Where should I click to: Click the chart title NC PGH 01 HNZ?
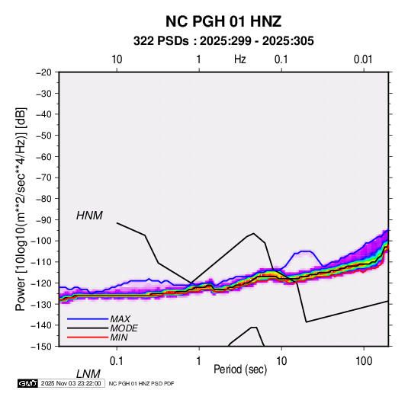(x=223, y=21)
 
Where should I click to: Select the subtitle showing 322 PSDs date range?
(x=223, y=41)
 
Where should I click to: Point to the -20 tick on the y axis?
(x=43, y=72)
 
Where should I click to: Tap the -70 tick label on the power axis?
(x=43, y=178)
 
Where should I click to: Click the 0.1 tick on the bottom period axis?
(x=117, y=360)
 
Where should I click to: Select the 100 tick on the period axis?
(x=364, y=360)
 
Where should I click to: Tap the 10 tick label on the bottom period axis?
(x=281, y=360)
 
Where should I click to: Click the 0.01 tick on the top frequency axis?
(x=363, y=59)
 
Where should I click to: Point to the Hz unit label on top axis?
(x=240, y=59)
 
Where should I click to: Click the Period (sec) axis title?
(x=240, y=369)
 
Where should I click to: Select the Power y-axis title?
(x=21, y=209)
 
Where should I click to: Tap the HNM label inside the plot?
(x=89, y=216)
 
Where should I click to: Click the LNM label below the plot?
(x=88, y=374)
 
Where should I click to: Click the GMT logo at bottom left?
(x=28, y=383)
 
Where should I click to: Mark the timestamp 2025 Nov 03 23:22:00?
(x=71, y=383)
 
